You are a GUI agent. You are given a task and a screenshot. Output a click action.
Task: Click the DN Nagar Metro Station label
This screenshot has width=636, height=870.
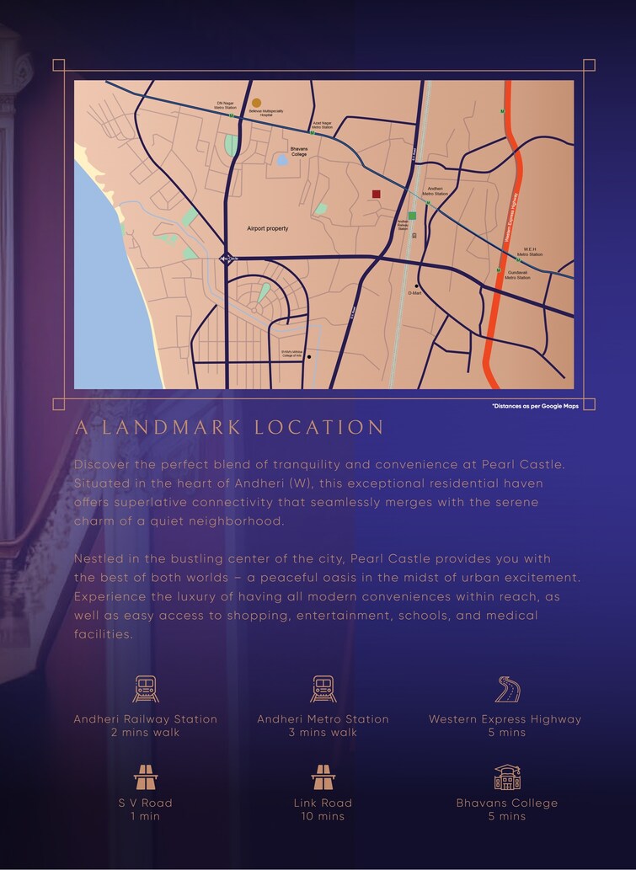[x=226, y=106]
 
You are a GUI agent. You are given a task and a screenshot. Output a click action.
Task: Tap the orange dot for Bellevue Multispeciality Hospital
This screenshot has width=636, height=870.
[x=256, y=103]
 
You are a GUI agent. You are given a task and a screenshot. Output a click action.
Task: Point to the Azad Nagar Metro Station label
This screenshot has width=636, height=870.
[x=322, y=125]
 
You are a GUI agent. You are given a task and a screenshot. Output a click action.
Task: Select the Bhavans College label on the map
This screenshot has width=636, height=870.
[x=299, y=151]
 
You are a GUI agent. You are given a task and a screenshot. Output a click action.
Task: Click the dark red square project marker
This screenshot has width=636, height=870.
[x=376, y=195]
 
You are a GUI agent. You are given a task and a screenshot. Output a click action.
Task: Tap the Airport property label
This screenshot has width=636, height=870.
[x=267, y=228]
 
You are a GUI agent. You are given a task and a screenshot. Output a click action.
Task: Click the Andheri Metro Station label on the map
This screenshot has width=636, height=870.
[x=435, y=191]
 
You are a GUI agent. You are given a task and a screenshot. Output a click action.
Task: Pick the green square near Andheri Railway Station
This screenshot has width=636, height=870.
[x=412, y=216]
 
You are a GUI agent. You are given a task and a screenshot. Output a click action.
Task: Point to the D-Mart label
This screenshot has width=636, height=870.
[x=414, y=293]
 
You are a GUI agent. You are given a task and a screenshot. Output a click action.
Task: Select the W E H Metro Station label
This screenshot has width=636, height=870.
[x=530, y=252]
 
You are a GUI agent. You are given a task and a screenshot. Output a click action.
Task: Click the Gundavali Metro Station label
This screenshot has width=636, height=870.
[x=517, y=275]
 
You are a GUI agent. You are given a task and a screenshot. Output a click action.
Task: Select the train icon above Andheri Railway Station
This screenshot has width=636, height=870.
[x=145, y=689]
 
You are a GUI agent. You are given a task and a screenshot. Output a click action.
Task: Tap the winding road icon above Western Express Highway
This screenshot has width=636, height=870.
[x=505, y=689]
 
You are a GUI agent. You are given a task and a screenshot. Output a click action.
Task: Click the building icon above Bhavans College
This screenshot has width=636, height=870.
[x=506, y=777]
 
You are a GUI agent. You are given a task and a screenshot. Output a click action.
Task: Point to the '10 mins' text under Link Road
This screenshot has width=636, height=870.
[x=323, y=816]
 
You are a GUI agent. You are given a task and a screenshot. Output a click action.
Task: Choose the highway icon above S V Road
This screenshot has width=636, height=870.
[x=145, y=777]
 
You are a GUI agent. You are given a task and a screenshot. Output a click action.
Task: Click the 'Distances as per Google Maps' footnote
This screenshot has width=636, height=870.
[x=536, y=406]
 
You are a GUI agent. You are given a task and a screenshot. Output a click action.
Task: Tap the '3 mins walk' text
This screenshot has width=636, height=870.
[x=323, y=732]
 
